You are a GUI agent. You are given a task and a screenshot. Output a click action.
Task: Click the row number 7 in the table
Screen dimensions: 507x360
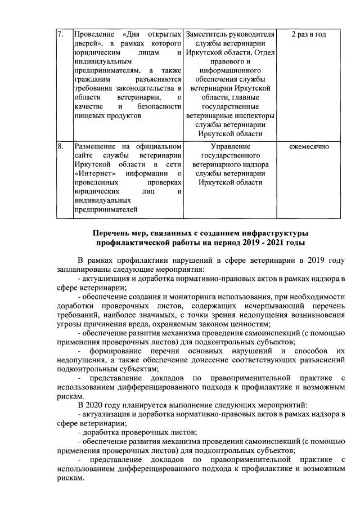click(x=61, y=35)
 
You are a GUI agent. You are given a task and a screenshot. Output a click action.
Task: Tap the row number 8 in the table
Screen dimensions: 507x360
click(x=61, y=147)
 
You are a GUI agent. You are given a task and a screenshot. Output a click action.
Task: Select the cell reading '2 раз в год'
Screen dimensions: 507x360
click(x=309, y=35)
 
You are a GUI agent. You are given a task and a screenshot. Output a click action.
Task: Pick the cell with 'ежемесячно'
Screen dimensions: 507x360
click(x=309, y=147)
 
